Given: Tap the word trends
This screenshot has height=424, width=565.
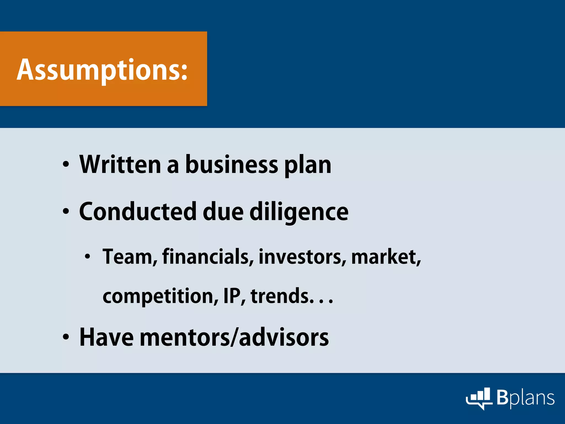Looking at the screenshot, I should click(282, 296).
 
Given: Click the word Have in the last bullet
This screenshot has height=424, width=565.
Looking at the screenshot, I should click(106, 337).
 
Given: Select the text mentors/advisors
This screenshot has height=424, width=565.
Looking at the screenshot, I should click(234, 337).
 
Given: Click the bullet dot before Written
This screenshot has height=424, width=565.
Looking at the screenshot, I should click(66, 165).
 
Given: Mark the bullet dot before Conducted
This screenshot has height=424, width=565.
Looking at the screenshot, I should click(66, 212).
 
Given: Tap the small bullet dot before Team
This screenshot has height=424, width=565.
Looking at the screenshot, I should click(87, 257).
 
